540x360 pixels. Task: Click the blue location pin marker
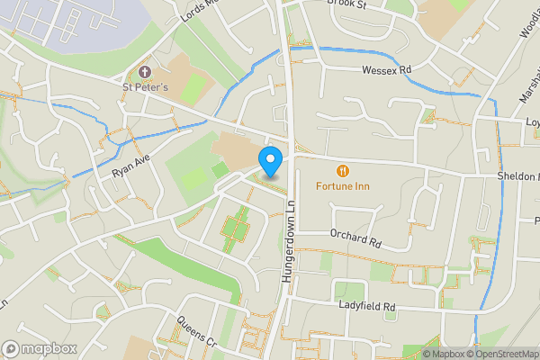pos(271,160)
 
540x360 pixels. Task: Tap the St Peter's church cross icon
pos(144,71)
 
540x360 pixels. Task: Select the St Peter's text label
pos(145,87)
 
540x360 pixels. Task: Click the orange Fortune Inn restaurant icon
pos(342,171)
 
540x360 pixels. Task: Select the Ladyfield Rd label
pos(367,307)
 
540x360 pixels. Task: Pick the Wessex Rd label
pos(386,69)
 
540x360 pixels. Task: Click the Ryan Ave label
pos(129,163)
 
